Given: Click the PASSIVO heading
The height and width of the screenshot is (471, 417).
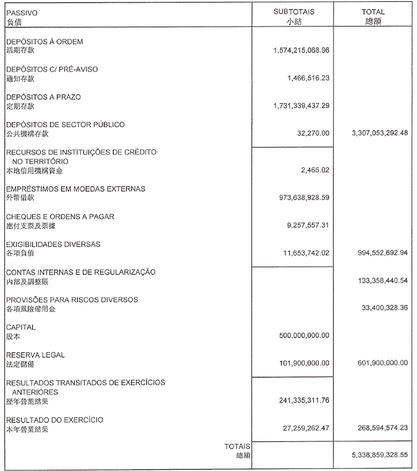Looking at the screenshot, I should [x=21, y=12].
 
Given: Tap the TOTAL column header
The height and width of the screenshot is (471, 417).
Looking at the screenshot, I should [x=373, y=12].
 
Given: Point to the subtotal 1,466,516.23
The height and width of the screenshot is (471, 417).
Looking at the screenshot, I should [x=308, y=78].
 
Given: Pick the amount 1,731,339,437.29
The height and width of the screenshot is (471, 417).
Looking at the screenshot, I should [x=301, y=106].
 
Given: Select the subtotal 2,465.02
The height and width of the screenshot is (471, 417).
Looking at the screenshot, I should [x=315, y=170].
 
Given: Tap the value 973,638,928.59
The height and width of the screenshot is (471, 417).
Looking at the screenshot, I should [x=305, y=198].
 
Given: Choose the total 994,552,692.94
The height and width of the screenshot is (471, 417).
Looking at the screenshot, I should [x=377, y=252].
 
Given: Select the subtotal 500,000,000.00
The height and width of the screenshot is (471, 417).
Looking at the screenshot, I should [x=305, y=335].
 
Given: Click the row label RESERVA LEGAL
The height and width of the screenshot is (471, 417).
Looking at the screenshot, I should [x=35, y=355].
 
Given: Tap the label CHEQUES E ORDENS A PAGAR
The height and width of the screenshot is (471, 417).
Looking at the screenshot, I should [x=60, y=217].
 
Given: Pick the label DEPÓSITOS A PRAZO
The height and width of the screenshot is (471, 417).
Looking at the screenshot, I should [x=43, y=98].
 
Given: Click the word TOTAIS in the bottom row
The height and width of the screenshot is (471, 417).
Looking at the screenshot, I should [x=237, y=446].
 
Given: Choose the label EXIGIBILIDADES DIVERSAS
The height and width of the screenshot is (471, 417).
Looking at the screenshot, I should [x=53, y=244].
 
